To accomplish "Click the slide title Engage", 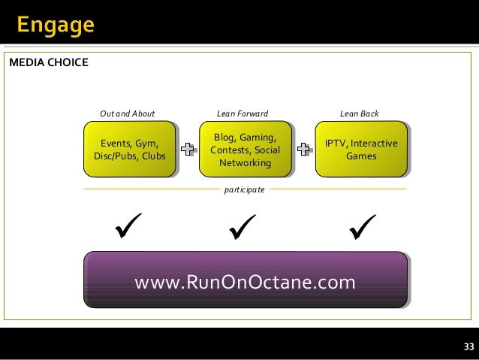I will [x=56, y=26].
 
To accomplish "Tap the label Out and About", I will [x=127, y=113].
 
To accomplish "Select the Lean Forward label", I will [x=242, y=113].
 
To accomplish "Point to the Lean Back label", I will [x=359, y=113].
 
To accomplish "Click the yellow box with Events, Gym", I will [x=129, y=149].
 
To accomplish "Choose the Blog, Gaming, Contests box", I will [x=245, y=150].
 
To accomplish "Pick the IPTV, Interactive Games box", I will [x=360, y=149].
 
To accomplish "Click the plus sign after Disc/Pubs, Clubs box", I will [x=188, y=149].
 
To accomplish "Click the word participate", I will [x=245, y=189].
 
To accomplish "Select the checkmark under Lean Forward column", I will [x=243, y=225].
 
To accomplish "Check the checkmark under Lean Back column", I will [x=362, y=225].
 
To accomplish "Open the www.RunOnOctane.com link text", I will [x=245, y=282].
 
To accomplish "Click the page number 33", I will [x=468, y=346].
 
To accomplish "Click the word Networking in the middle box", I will [x=245, y=162].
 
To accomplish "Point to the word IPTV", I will [x=335, y=144].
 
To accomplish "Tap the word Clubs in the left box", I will [x=152, y=156].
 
